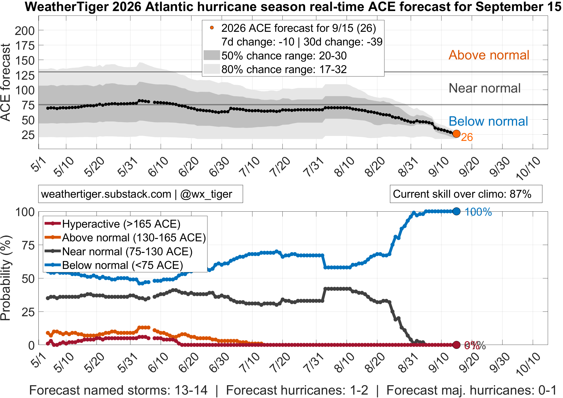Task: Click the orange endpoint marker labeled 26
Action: pyautogui.click(x=457, y=134)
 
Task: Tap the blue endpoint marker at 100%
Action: pyautogui.click(x=457, y=211)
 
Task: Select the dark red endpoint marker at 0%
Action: pyautogui.click(x=457, y=345)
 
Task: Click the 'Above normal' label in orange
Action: pyautogui.click(x=489, y=55)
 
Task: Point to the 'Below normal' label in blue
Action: pyautogui.click(x=488, y=121)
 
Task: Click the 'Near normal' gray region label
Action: pyautogui.click(x=485, y=88)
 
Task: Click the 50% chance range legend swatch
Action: pyautogui.click(x=212, y=55)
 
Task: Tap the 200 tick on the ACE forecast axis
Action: pyautogui.click(x=25, y=31)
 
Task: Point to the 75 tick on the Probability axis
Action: pyautogui.click(x=28, y=245)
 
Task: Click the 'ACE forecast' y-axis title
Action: pyautogui.click(x=5, y=82)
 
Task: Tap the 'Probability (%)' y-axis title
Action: pyautogui.click(x=5, y=278)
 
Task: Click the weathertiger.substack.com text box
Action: pyautogui.click(x=140, y=194)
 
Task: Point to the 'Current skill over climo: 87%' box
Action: pyautogui.click(x=466, y=194)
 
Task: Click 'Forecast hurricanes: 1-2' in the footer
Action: pyautogui.click(x=297, y=390)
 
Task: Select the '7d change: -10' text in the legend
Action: pyautogui.click(x=258, y=42)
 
